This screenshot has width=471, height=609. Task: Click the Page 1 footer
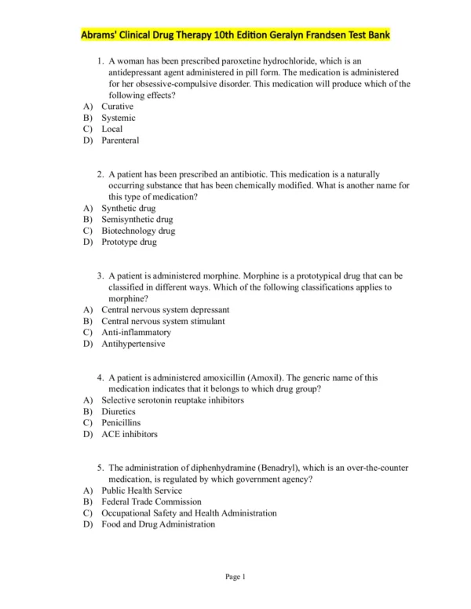235,577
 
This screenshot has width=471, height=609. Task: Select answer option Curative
117,106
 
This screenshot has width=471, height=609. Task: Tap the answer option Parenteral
120,140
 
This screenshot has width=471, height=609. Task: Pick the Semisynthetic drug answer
137,220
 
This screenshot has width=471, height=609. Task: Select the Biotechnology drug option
138,231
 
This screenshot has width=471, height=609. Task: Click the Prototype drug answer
129,242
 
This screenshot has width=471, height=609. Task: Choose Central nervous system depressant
165,310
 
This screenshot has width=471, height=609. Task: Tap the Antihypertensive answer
133,343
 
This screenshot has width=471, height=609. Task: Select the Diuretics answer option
119,411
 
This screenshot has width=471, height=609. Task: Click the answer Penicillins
121,422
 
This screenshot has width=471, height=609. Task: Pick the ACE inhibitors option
130,433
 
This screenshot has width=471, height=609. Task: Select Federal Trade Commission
152,501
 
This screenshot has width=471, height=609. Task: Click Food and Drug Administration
158,524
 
